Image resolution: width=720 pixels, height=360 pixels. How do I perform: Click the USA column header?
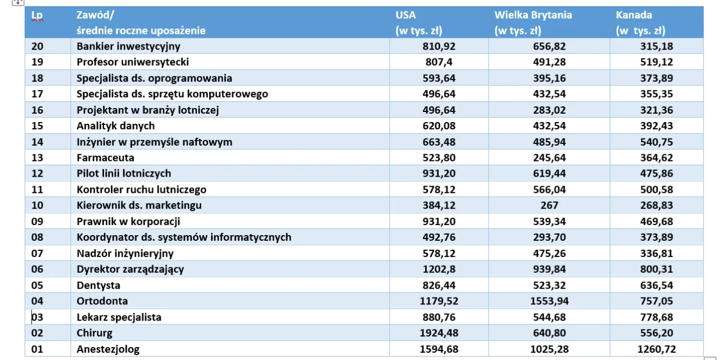click(406, 15)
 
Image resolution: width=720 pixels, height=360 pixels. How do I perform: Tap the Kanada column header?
click(634, 15)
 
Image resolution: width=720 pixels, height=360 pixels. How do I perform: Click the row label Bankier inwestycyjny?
click(128, 46)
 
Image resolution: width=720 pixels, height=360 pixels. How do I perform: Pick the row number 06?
click(38, 269)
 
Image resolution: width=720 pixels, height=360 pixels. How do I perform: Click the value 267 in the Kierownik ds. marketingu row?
click(548, 206)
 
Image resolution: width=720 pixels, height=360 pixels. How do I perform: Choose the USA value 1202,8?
click(440, 269)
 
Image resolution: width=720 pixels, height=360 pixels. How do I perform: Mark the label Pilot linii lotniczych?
click(124, 174)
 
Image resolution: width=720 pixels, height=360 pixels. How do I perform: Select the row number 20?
click(38, 46)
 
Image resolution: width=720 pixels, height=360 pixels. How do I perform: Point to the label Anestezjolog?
click(108, 349)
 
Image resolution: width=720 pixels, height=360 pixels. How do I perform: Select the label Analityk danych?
click(115, 126)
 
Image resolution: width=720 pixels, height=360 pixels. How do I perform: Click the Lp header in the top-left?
click(37, 15)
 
